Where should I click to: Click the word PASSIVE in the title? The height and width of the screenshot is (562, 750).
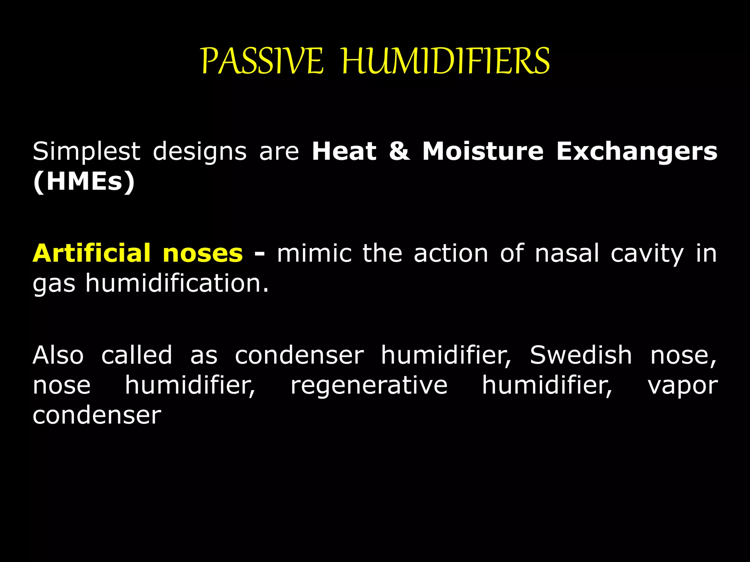click(x=262, y=61)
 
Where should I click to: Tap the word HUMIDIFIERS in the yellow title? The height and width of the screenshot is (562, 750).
click(x=446, y=61)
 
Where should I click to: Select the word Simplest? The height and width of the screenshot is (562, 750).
click(x=86, y=151)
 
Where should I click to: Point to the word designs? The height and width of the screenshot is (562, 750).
click(x=200, y=151)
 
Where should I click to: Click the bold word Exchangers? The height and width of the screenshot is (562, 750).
click(x=637, y=151)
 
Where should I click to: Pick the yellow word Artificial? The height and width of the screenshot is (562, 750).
click(x=92, y=253)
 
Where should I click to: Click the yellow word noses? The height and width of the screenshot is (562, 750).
click(x=203, y=253)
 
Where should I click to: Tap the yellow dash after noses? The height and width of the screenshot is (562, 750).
click(x=259, y=253)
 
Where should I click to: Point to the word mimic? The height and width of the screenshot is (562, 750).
click(x=314, y=253)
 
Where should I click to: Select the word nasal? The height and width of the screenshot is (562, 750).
click(x=567, y=253)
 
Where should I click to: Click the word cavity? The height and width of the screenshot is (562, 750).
click(x=647, y=254)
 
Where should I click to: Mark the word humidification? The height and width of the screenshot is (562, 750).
click(x=177, y=283)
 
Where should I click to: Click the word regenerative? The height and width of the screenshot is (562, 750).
click(x=369, y=386)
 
